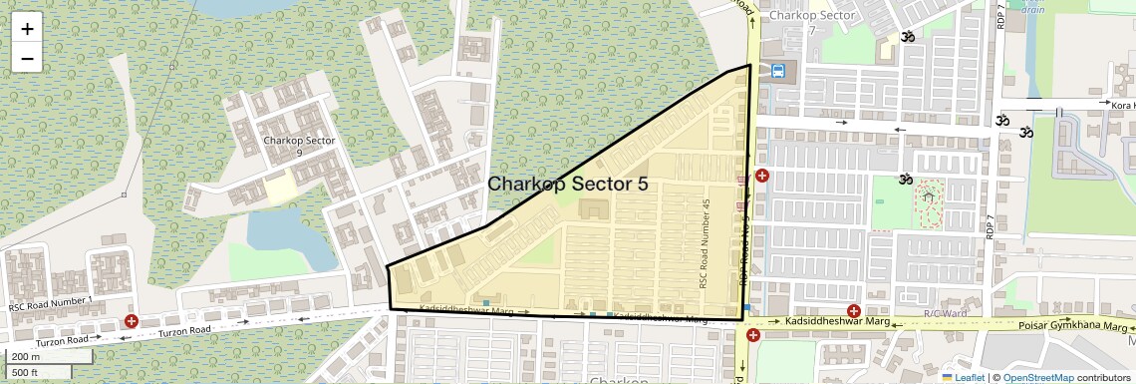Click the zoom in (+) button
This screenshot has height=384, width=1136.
[27, 29]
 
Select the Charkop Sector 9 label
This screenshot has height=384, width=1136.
[299, 146]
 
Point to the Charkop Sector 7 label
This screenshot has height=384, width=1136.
[812, 22]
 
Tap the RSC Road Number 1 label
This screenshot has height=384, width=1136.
[51, 301]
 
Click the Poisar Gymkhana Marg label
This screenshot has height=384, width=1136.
[1075, 326]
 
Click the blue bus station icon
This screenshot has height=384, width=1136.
[777, 71]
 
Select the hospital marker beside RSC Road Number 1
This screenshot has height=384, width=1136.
[131, 321]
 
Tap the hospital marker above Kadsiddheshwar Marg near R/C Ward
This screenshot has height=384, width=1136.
[853, 312]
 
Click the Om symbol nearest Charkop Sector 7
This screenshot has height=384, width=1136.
[907, 37]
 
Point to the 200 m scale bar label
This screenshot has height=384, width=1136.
[26, 357]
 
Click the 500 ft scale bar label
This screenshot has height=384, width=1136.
[26, 373]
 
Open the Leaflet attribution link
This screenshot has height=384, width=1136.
[966, 377]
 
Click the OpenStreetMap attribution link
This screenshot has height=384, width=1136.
[1037, 377]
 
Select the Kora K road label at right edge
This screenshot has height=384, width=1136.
[1122, 105]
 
